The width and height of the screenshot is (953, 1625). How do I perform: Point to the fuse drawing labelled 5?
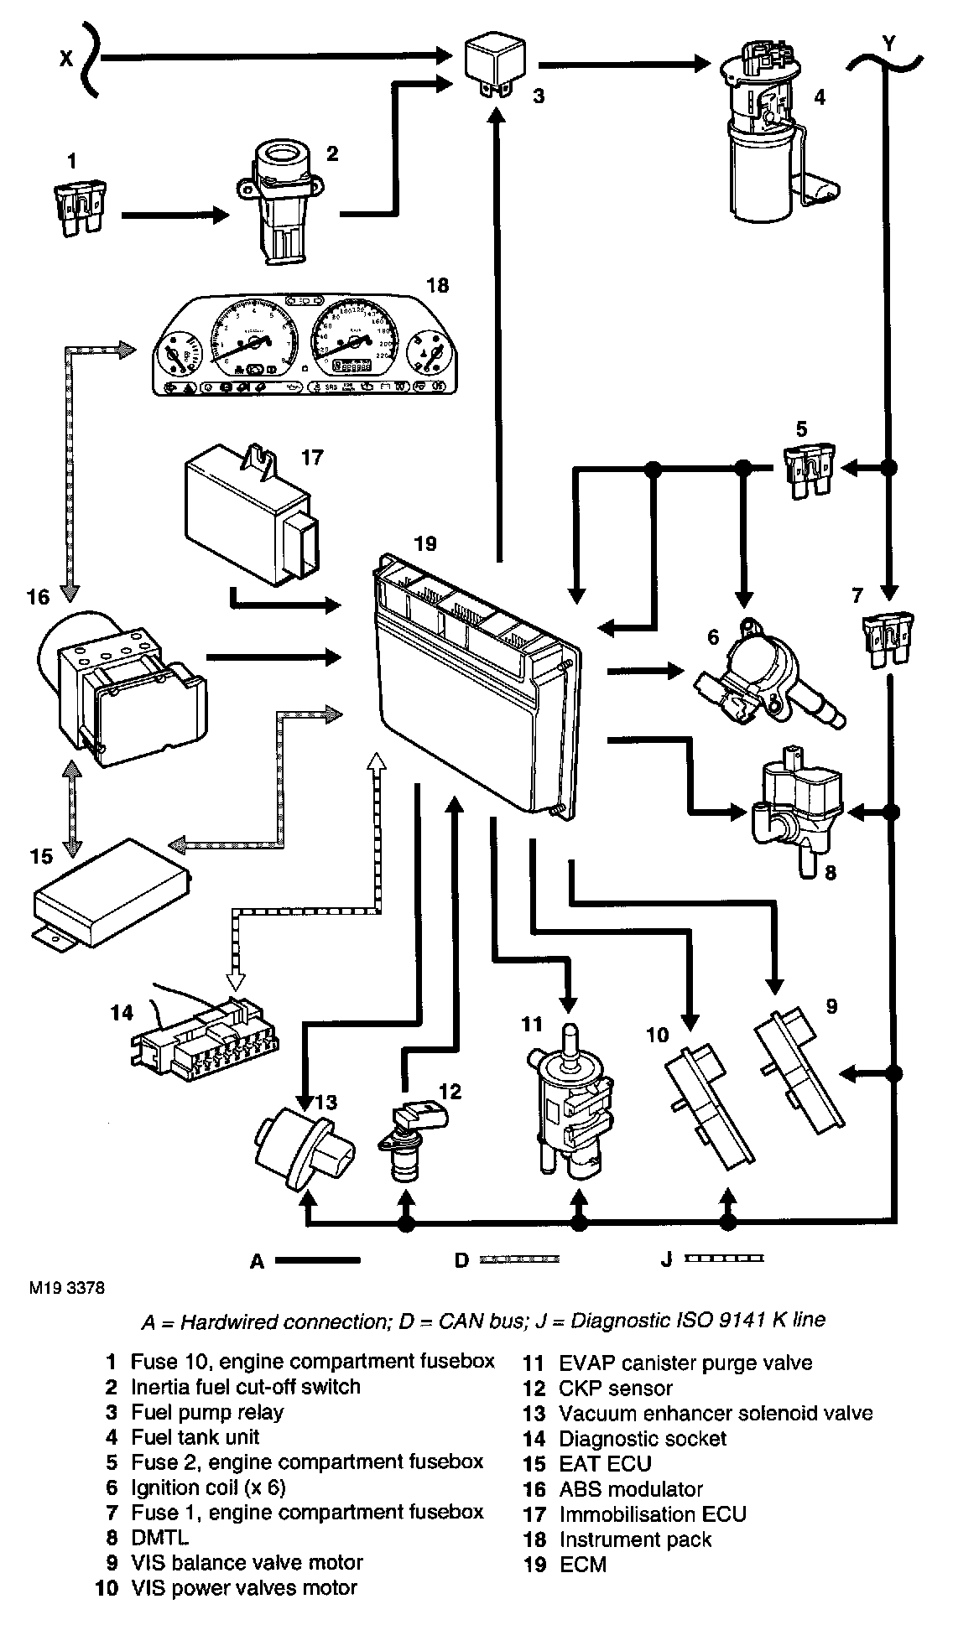pos(805,470)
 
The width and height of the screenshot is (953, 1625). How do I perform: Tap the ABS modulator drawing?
pos(122,696)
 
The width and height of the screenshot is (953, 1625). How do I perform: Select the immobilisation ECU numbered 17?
pos(252,520)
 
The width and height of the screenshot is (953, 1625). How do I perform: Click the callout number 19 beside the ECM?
pos(424,543)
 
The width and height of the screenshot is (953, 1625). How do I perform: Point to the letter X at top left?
pos(65,58)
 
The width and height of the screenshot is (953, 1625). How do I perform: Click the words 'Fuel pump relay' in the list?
pos(207,1412)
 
